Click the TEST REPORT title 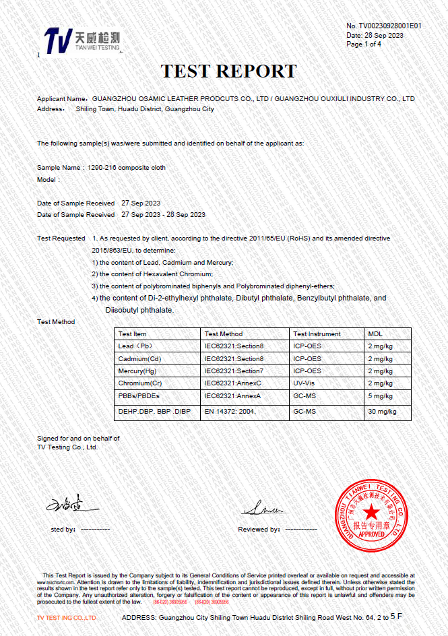(228, 71)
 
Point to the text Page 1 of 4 (364, 44)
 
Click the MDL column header (375, 334)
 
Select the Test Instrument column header (317, 334)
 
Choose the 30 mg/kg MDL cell (382, 411)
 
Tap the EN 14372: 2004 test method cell (230, 411)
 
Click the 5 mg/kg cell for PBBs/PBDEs (380, 396)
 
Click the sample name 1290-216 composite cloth (122, 167)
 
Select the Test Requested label (61, 238)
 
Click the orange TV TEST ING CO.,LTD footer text (66, 618)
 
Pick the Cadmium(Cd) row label (139, 359)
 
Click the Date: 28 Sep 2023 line (375, 35)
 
